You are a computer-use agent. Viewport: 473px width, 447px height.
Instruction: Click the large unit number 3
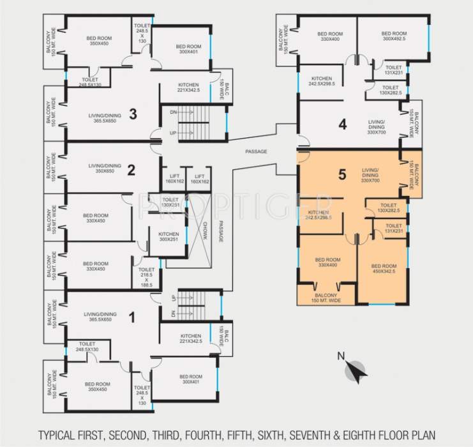coord(133,114)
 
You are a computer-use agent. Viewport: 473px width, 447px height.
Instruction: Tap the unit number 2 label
coord(130,170)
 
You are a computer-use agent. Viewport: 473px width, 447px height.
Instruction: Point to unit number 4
coord(343,125)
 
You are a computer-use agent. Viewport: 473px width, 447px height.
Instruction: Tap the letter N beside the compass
coord(341,356)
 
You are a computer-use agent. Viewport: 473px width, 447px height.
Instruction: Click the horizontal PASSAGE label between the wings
coord(256,151)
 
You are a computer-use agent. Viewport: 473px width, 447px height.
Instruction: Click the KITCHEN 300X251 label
coord(169,238)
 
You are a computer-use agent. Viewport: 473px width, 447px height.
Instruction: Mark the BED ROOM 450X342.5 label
coord(384,269)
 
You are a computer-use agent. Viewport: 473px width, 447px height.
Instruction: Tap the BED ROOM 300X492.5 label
coord(394,36)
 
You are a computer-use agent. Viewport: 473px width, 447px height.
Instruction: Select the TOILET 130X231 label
coord(170,202)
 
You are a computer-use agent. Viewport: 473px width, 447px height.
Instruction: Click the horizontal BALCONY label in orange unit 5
coord(327,298)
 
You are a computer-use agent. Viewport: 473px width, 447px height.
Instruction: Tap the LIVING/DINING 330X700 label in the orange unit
coord(370,176)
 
